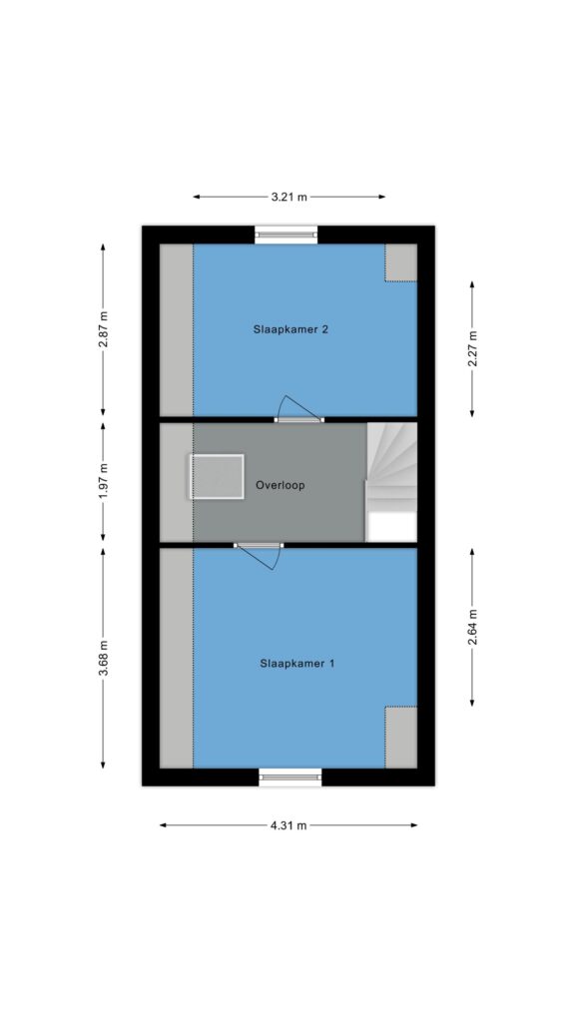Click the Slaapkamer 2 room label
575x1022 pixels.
click(290, 329)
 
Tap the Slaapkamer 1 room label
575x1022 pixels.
click(297, 664)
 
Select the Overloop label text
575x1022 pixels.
click(281, 486)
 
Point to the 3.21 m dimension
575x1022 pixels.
click(288, 197)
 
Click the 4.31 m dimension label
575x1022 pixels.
click(288, 825)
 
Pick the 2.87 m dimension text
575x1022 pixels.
click(103, 329)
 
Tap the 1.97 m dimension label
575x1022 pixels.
click(103, 482)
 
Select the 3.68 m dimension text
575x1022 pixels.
click(103, 659)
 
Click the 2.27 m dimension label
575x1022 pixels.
click(472, 349)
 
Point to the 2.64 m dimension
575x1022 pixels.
click(472, 627)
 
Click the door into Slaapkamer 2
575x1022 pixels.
click(298, 410)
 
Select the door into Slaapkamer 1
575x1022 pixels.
click(259, 554)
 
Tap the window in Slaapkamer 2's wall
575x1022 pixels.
click(286, 235)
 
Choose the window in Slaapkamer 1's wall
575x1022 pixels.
click(290, 776)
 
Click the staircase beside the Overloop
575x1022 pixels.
click(390, 482)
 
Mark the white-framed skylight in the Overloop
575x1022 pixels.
click(217, 477)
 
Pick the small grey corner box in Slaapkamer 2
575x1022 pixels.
click(400, 262)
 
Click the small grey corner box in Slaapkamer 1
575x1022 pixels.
click(400, 738)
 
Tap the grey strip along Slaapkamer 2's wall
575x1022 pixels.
click(176, 329)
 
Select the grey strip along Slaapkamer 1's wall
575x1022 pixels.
click(176, 659)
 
